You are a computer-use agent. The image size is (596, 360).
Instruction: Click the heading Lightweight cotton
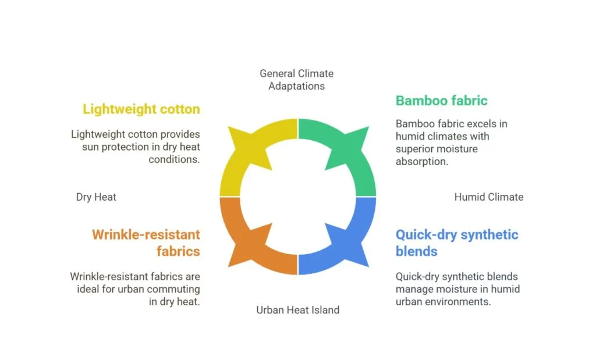pyautogui.click(x=141, y=109)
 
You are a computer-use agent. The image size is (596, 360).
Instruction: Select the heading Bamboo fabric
pyautogui.click(x=441, y=101)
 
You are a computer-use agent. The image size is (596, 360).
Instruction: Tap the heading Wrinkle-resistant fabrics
pyautogui.click(x=146, y=243)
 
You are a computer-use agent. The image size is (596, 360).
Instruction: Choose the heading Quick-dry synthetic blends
pyautogui.click(x=456, y=243)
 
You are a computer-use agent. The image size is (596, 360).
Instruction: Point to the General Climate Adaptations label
pyautogui.click(x=297, y=80)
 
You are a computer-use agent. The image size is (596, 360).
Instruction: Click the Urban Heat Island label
pyautogui.click(x=297, y=310)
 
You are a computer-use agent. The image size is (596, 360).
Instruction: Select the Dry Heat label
pyautogui.click(x=96, y=197)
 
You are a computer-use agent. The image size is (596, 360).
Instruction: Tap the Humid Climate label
pyautogui.click(x=488, y=197)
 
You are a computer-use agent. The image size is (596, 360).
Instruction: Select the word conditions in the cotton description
pyautogui.click(x=174, y=159)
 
